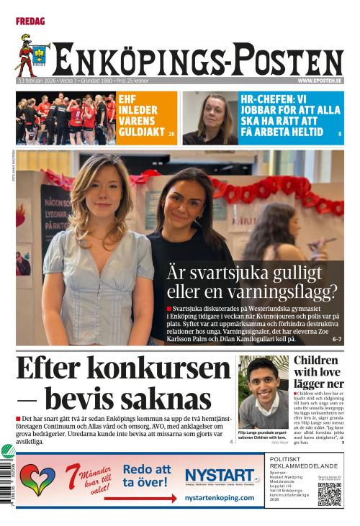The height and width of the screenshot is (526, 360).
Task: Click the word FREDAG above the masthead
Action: coord(30,22)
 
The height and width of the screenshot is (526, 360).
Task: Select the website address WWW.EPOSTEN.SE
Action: coord(319,81)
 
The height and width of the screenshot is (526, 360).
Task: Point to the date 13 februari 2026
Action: coord(37,81)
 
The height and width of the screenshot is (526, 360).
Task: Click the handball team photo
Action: coord(66,118)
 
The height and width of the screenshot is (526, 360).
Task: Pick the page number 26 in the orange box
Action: coord(171,135)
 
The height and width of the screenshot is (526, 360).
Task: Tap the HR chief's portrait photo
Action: coord(210,118)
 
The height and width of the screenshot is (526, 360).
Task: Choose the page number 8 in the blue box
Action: coord(339,135)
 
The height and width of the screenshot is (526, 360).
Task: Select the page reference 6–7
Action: coord(337,339)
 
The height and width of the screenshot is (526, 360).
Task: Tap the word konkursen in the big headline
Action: coord(171,368)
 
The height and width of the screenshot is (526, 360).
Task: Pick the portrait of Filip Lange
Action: coord(263,391)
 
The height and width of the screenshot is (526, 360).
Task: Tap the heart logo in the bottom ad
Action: coord(37,479)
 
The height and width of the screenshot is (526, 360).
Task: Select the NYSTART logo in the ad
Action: coord(220,476)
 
